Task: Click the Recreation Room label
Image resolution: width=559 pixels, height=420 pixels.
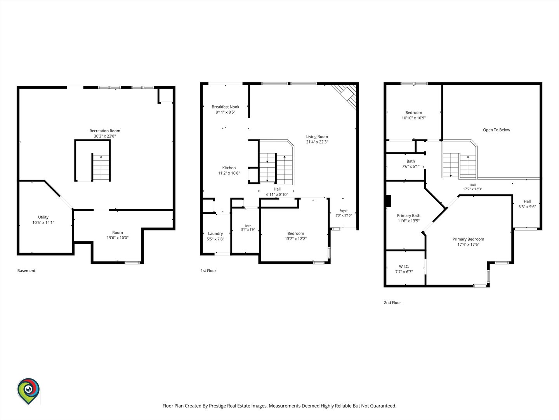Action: [x=105, y=131]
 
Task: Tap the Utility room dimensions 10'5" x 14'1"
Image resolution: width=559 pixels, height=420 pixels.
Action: [x=43, y=222]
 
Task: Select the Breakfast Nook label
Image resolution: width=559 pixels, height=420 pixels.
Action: [x=226, y=107]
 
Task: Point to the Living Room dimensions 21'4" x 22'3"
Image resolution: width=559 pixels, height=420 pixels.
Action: [x=317, y=142]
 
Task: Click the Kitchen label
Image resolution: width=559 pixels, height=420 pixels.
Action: [x=229, y=168]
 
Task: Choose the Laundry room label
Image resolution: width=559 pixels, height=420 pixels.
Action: [x=215, y=234]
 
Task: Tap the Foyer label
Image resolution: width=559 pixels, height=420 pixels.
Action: [x=344, y=211]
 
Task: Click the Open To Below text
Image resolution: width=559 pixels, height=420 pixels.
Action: [x=497, y=130]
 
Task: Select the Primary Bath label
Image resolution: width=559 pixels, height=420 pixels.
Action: [x=408, y=215]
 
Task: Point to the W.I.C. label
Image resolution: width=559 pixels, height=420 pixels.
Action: [x=404, y=266]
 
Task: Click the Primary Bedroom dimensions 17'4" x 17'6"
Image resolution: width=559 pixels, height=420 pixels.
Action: [x=468, y=245]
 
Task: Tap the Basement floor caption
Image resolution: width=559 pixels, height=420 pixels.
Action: [x=26, y=271]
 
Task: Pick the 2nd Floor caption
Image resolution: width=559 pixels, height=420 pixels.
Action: [x=392, y=303]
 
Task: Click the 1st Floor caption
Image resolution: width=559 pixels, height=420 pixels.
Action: [x=208, y=271]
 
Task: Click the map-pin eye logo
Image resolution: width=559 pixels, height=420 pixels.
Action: [x=28, y=391]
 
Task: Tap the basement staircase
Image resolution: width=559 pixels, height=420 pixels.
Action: [x=101, y=168]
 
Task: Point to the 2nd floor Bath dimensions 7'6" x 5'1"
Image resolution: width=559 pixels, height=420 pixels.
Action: [x=411, y=166]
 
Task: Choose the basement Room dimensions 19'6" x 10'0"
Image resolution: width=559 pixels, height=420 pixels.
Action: [x=117, y=238]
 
